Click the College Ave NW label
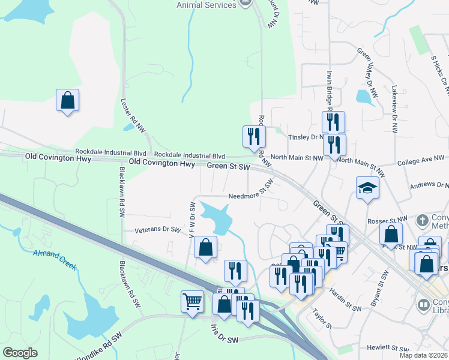(423, 160)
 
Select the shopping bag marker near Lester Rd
(68, 100)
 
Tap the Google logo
(20, 353)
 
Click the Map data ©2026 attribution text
(424, 355)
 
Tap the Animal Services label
(206, 5)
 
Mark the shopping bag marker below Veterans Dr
(205, 248)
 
